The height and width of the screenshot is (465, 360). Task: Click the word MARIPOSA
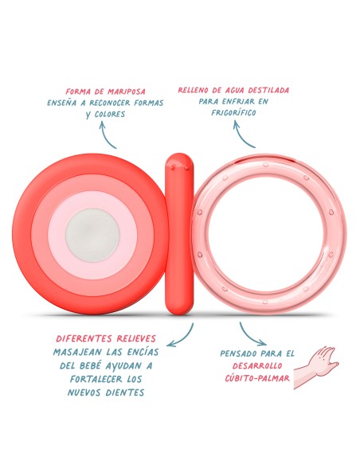[x=127, y=92]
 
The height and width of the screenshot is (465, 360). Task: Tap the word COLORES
[x=110, y=114]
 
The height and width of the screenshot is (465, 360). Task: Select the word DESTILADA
[x=268, y=90]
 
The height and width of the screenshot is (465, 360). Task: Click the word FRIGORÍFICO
[x=233, y=112]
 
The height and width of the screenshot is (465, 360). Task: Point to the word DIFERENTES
[x=84, y=338]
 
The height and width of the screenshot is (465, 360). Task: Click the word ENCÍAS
[x=143, y=352]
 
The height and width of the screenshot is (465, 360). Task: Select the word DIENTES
[x=125, y=393]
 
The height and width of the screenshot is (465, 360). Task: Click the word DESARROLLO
[x=257, y=365]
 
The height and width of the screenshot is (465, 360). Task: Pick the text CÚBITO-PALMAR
[x=257, y=377]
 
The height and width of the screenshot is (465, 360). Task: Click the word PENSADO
[x=238, y=354]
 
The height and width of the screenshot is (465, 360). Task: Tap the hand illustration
[x=316, y=367]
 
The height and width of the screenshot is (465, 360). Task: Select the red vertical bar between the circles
[x=179, y=234]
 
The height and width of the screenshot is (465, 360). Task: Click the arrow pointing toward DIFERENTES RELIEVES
[x=183, y=338]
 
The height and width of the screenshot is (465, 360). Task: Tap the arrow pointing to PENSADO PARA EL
[x=249, y=337]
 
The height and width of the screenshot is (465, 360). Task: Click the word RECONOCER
[x=110, y=103]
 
